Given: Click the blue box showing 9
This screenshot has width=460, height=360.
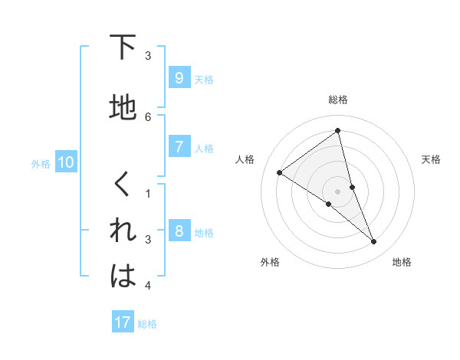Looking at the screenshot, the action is tap(179, 78).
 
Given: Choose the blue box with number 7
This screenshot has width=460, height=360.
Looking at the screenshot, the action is tap(179, 147).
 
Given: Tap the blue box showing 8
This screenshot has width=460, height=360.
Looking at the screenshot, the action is tap(179, 231).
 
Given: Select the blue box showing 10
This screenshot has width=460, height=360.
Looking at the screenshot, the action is tap(65, 162).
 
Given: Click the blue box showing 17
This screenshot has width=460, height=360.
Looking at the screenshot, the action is tap(123, 322).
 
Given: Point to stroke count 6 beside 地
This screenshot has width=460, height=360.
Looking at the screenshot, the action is tap(148, 116).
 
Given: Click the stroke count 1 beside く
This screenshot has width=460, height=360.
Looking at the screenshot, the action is tap(148, 194).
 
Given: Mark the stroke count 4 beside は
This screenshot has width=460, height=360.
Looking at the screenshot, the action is tap(148, 286).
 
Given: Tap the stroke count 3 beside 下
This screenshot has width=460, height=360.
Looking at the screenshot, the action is tap(148, 56).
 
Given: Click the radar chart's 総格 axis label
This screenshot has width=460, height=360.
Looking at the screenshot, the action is tap(337, 100).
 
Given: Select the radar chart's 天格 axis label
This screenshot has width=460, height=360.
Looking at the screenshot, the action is tap(431, 159).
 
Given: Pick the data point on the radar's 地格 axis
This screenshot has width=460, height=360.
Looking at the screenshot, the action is tap(374, 242).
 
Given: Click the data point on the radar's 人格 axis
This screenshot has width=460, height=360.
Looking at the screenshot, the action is tap(279, 172).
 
